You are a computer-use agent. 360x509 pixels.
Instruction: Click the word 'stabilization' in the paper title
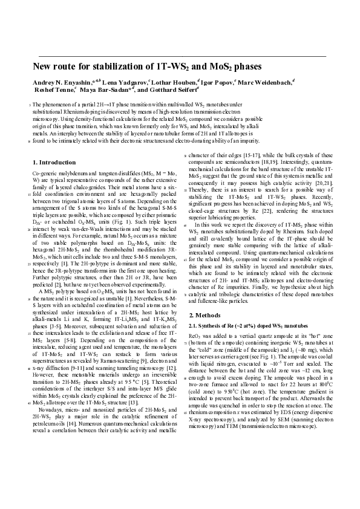(x=114, y=67)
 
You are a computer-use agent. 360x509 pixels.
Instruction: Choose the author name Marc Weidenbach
(x=264, y=81)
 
